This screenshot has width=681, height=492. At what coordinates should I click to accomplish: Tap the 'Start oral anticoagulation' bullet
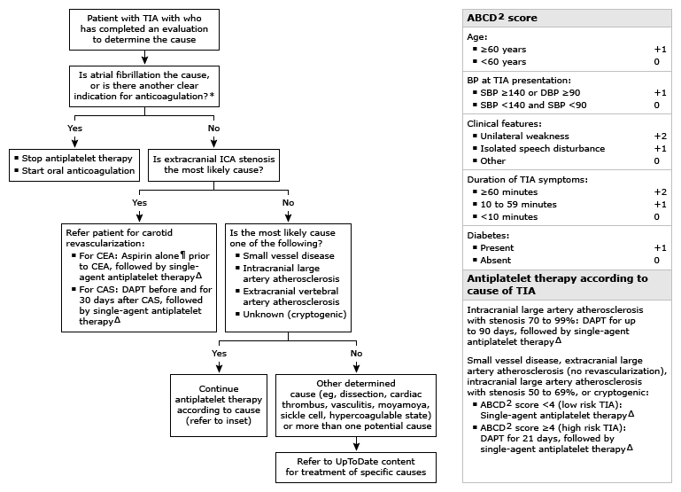[79, 170]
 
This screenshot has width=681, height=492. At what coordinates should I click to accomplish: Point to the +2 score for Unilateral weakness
[659, 137]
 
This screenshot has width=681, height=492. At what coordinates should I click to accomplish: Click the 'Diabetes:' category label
[489, 236]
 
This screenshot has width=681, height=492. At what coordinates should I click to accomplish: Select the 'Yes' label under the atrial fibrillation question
[74, 127]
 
